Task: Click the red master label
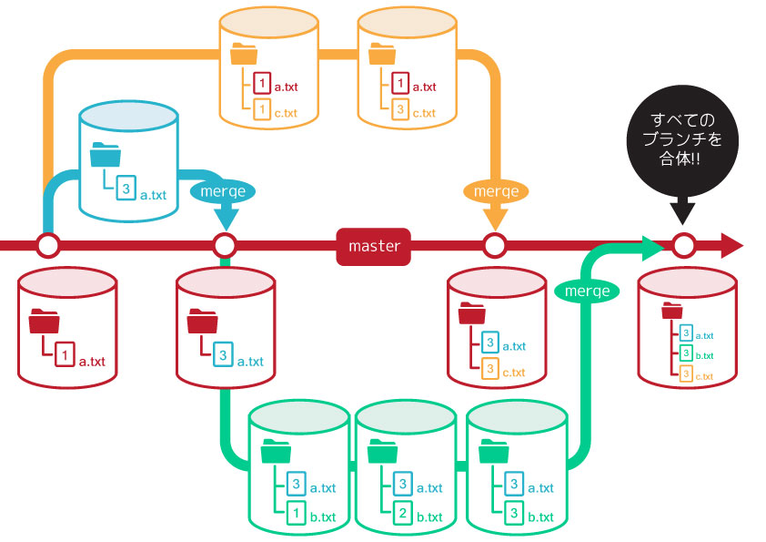coord(375,246)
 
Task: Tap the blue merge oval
coord(223,191)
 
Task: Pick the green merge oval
coord(587,291)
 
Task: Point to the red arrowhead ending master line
coord(732,245)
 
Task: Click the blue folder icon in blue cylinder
coord(105,157)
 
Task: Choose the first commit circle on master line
coord(48,245)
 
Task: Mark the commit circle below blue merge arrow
coord(225,245)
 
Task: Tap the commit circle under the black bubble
coord(683,245)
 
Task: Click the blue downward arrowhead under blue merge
coord(225,220)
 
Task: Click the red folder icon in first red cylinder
coord(44,322)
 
